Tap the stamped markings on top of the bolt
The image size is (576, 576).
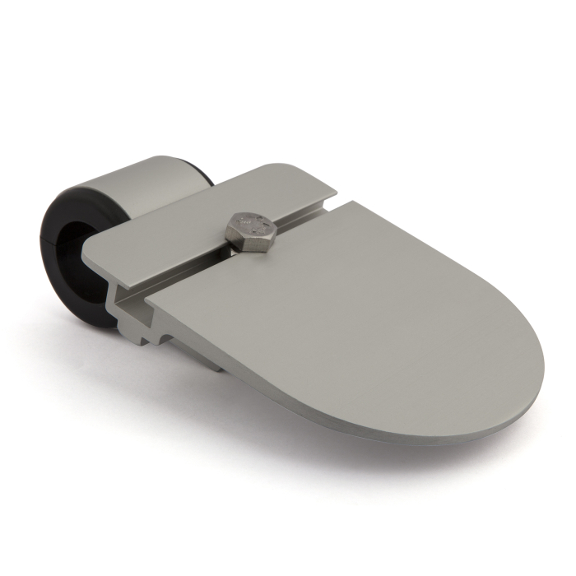[251, 221]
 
